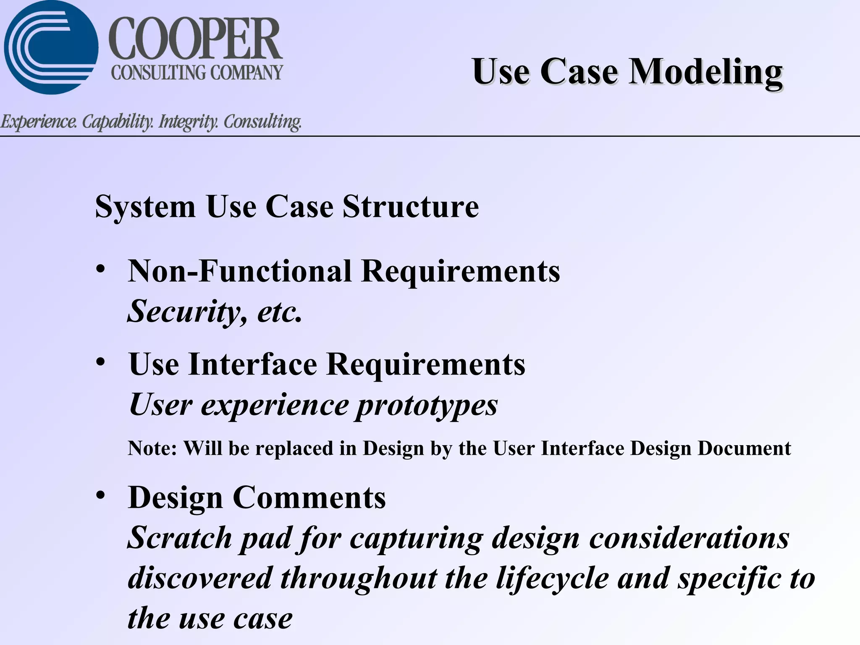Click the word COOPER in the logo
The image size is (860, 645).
pyautogui.click(x=196, y=39)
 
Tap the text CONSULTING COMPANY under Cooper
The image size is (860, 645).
pyautogui.click(x=197, y=73)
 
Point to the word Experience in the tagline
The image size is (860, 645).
pyautogui.click(x=39, y=122)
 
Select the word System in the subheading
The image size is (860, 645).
pyautogui.click(x=145, y=207)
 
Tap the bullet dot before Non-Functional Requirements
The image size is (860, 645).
pyautogui.click(x=100, y=269)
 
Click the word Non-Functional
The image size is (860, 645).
pyautogui.click(x=240, y=271)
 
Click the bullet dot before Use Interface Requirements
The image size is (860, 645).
pyautogui.click(x=100, y=362)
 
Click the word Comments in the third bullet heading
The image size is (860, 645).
pyautogui.click(x=309, y=498)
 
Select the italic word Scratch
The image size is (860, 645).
pyautogui.click(x=180, y=538)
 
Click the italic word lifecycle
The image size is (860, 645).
pyautogui.click(x=552, y=578)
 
